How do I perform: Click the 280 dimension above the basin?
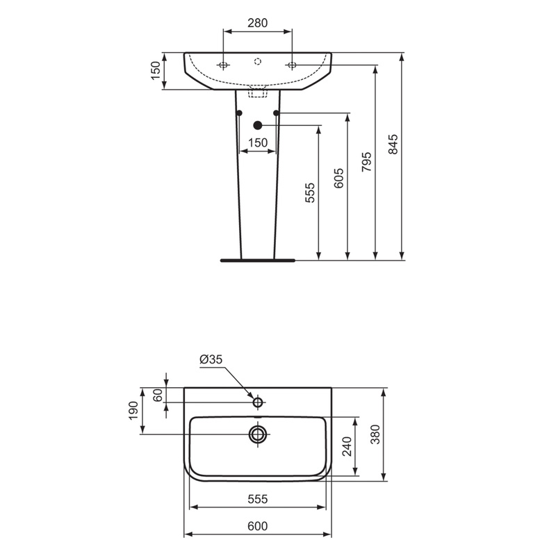click(x=257, y=23)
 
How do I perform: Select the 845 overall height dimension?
click(x=393, y=144)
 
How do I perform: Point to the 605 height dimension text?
click(x=338, y=179)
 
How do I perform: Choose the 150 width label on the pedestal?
click(x=257, y=142)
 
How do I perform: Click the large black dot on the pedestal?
click(x=258, y=125)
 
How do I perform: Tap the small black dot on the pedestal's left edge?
click(x=239, y=113)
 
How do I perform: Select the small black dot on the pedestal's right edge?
click(x=277, y=113)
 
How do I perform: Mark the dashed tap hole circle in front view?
click(x=257, y=62)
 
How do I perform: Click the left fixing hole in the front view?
click(x=222, y=65)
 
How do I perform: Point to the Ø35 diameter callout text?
click(x=211, y=359)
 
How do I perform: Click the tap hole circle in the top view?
click(x=258, y=402)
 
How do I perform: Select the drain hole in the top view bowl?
click(x=258, y=434)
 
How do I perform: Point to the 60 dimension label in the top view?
click(x=157, y=395)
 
